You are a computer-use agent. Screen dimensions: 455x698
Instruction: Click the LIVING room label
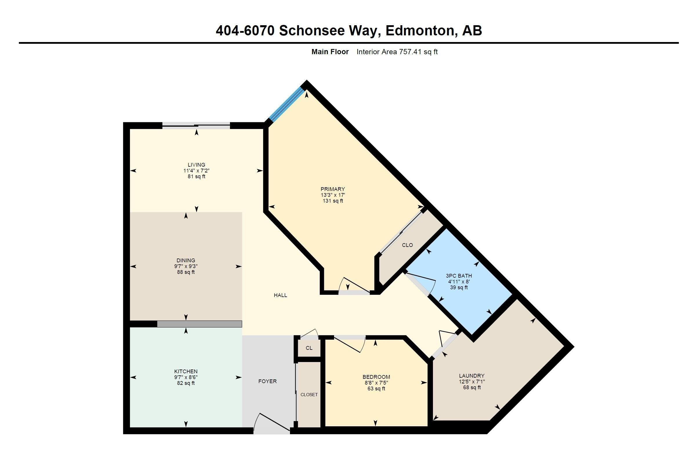(x=197, y=165)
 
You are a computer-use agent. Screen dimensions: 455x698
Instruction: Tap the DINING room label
(x=186, y=260)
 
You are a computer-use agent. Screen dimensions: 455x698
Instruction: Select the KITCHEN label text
(x=186, y=372)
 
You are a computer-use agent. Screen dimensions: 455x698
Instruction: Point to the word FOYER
(x=267, y=381)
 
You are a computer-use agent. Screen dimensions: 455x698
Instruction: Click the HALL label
(x=280, y=295)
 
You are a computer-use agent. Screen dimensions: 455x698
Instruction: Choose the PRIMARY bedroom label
(x=333, y=189)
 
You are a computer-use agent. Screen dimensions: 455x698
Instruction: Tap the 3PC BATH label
(x=459, y=276)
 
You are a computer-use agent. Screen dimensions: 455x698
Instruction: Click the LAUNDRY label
(x=472, y=376)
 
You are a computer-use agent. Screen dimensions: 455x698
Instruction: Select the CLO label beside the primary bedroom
(x=407, y=245)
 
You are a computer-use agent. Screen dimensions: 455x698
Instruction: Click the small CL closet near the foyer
(x=309, y=348)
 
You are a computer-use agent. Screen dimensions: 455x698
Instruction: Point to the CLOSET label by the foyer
(x=309, y=395)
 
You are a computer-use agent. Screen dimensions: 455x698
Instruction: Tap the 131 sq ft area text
(x=333, y=201)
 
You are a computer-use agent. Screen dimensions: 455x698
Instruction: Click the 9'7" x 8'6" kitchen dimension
(x=186, y=377)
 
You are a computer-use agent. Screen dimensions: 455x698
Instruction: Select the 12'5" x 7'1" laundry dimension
(x=472, y=382)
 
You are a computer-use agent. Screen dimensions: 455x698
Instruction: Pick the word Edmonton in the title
(x=421, y=31)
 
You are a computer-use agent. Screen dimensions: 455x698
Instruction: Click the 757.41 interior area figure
(x=410, y=52)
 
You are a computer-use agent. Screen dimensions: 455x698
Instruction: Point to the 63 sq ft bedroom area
(x=376, y=389)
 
